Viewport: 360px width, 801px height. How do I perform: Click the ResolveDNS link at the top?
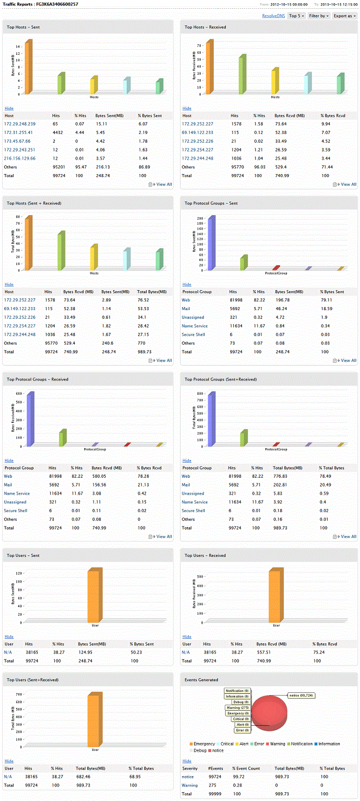click(273, 16)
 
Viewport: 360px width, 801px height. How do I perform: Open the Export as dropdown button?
click(344, 16)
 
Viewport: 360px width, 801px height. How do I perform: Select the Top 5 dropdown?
click(296, 16)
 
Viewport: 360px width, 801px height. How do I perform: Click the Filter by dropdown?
click(319, 16)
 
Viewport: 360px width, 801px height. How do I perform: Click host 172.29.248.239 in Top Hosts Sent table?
click(20, 124)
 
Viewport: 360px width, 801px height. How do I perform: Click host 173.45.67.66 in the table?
click(17, 141)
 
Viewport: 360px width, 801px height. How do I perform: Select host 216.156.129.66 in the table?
click(20, 158)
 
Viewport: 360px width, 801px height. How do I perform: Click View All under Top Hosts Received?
click(348, 184)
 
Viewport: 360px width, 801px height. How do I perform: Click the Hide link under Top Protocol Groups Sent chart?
click(187, 285)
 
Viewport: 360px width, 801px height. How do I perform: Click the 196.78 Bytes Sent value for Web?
click(283, 300)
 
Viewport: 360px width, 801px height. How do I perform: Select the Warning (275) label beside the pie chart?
click(238, 707)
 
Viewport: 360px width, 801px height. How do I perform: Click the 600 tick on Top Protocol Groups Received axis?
click(19, 394)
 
